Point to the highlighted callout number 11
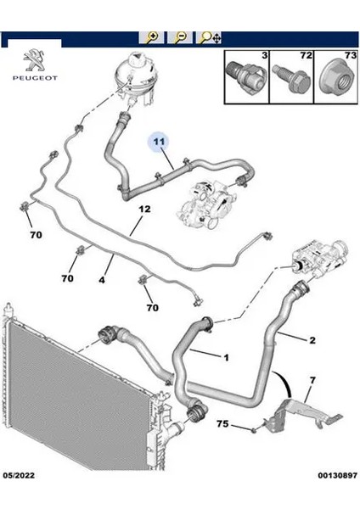(159, 141)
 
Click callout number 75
(222, 424)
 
